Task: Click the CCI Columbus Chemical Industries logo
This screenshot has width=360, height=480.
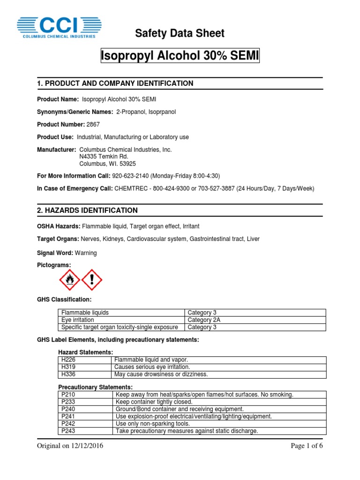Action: (x=59, y=27)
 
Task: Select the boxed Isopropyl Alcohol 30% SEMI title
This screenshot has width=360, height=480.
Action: (x=180, y=56)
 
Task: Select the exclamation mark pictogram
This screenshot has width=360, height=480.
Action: (x=92, y=280)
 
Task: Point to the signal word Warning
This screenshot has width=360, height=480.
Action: (x=86, y=253)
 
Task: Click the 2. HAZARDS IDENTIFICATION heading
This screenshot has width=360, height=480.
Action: (x=87, y=210)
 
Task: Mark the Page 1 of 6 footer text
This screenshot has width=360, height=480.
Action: (x=307, y=446)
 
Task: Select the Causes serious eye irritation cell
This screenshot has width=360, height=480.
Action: (x=152, y=367)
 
